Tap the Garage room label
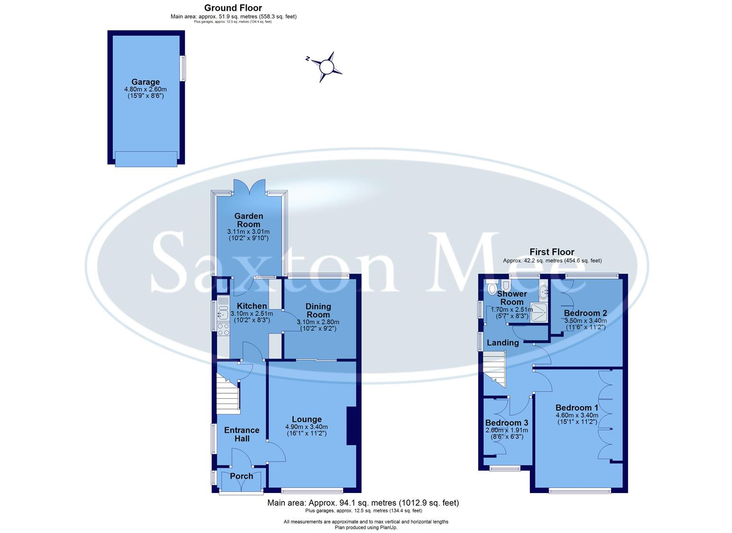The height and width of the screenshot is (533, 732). [x=145, y=82]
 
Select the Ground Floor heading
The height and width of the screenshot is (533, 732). [x=233, y=8]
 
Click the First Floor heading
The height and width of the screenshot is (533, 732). [x=552, y=252]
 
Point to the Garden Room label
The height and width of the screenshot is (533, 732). [x=248, y=220]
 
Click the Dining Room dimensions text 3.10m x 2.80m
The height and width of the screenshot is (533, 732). [x=318, y=322]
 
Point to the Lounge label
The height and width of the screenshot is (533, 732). [x=306, y=419]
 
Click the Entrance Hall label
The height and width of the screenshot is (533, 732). [x=242, y=434]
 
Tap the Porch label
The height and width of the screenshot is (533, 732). [x=242, y=476]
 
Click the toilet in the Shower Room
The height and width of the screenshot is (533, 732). [x=492, y=288]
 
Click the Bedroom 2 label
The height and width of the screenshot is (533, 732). [x=585, y=313]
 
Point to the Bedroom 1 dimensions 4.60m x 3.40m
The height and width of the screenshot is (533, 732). [x=577, y=416]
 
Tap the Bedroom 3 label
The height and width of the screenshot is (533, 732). [x=506, y=423]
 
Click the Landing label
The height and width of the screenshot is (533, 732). [x=503, y=343]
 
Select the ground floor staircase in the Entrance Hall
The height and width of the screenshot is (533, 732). [x=228, y=393]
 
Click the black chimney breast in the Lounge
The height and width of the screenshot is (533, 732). [x=351, y=426]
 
